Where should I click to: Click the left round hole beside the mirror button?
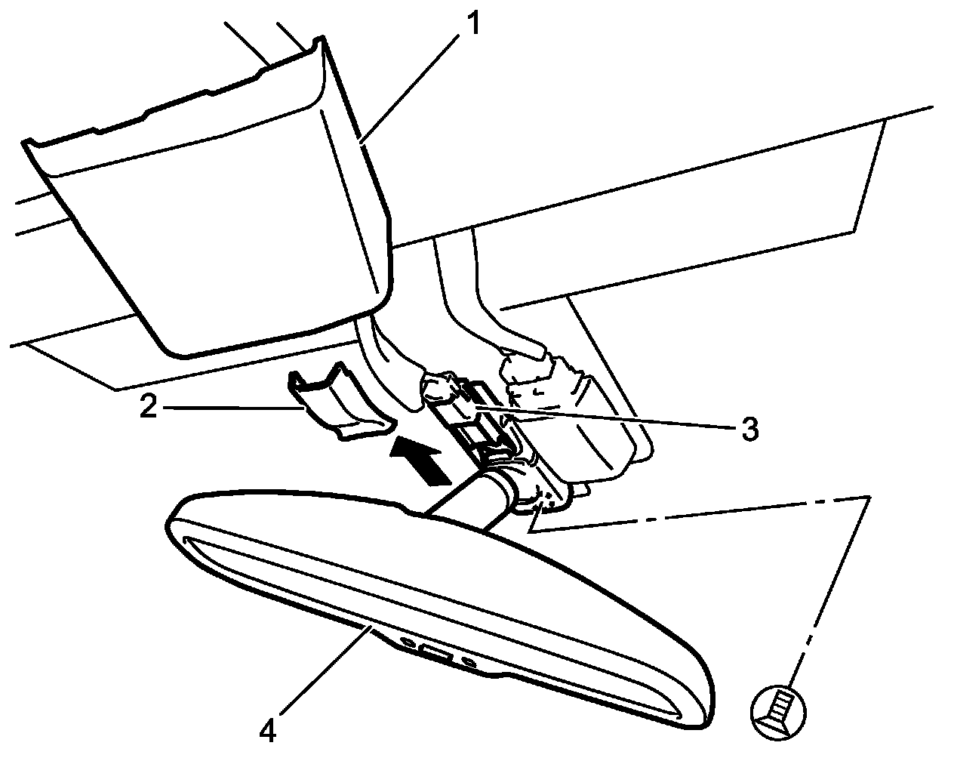pyautogui.click(x=408, y=642)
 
